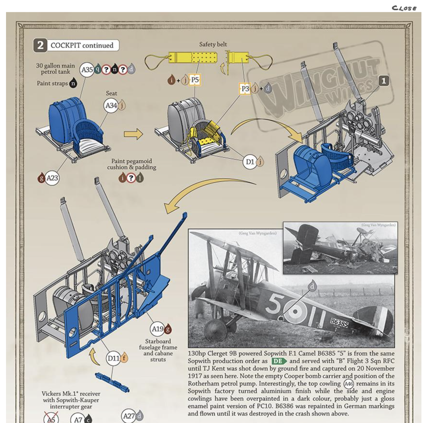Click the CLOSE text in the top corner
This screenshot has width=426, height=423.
[404, 8]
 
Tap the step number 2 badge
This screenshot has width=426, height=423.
[40, 45]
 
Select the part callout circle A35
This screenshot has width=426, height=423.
[87, 70]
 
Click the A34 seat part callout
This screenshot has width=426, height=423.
[111, 106]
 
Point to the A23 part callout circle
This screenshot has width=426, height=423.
[52, 178]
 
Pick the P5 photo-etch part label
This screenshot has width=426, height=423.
[195, 80]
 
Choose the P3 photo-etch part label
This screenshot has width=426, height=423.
[245, 89]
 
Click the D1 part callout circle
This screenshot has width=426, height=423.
[250, 162]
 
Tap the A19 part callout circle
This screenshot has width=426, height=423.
[157, 329]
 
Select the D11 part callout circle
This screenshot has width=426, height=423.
[113, 358]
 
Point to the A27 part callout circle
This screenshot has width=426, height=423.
[129, 416]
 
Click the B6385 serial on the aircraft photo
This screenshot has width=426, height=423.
[339, 323]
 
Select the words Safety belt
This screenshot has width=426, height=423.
[213, 44]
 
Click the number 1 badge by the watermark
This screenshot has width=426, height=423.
[384, 81]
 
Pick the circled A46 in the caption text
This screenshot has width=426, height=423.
[348, 384]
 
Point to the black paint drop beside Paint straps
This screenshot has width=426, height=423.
[73, 84]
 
